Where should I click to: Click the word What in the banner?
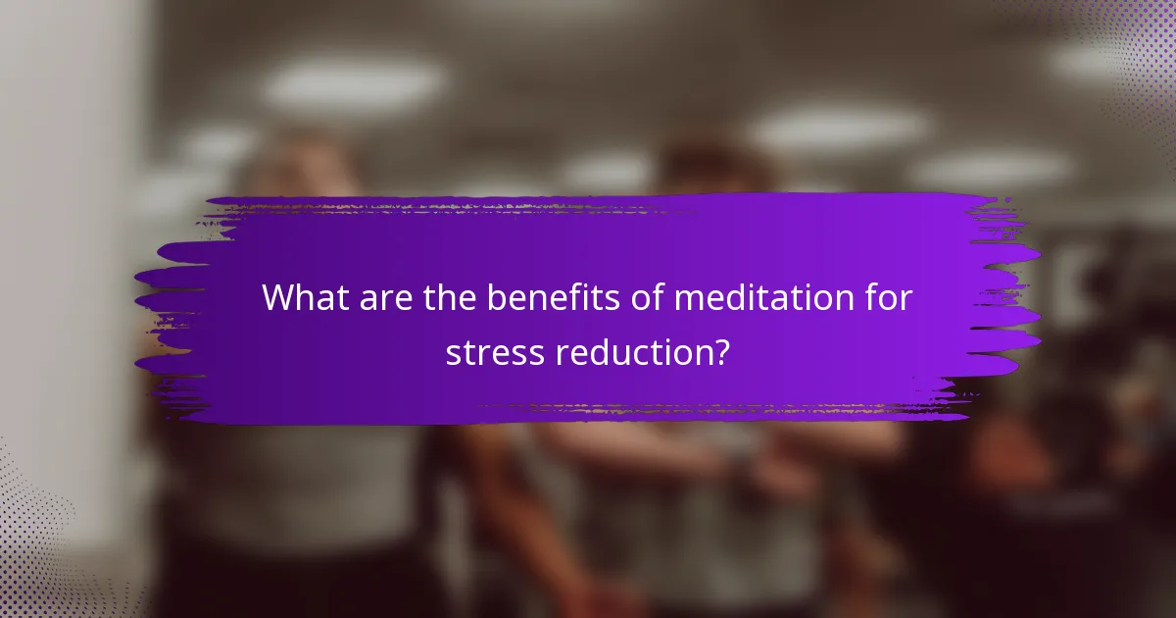tap(304, 298)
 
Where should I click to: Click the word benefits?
tap(541, 298)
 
